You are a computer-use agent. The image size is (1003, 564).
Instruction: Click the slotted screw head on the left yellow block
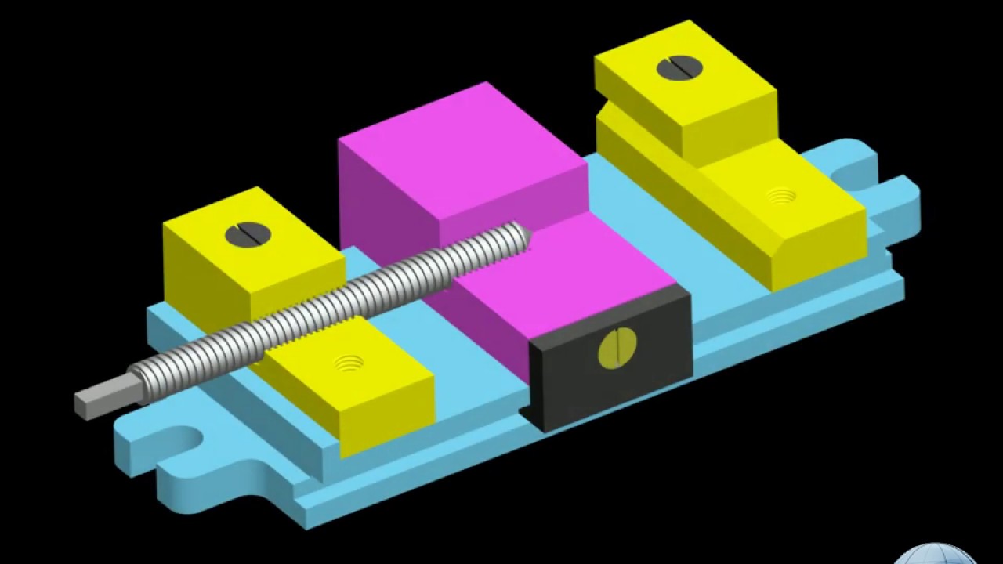point(247,233)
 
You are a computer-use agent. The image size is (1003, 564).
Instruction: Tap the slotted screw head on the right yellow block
point(679,68)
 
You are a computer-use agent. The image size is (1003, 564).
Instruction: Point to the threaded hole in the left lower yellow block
point(349,363)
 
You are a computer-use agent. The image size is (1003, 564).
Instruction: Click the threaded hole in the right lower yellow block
point(780,197)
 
